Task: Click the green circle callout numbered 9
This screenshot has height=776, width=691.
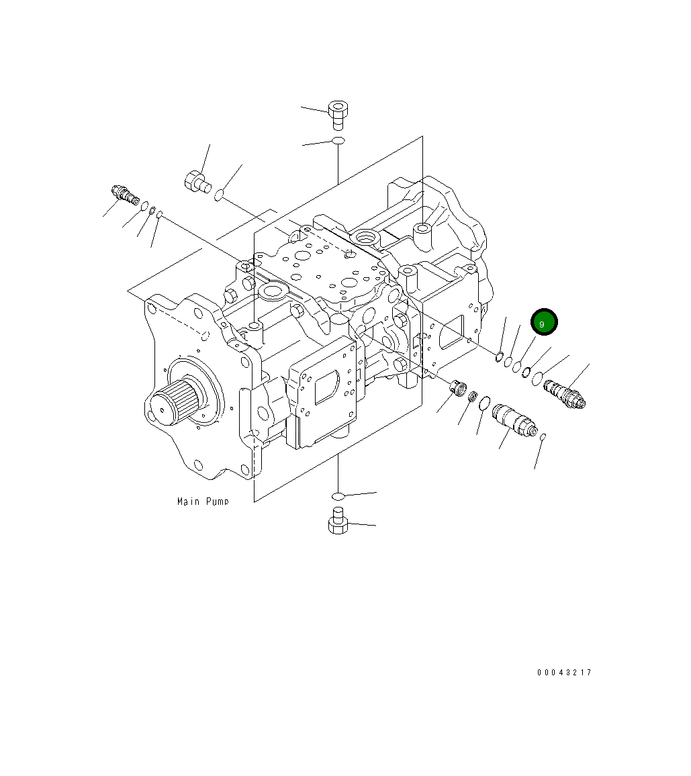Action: [x=543, y=323]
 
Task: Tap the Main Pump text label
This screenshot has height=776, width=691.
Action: [x=202, y=501]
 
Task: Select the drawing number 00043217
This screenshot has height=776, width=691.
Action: [x=564, y=673]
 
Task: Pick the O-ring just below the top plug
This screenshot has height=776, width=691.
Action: [x=338, y=141]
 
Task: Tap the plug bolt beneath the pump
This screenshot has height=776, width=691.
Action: [x=338, y=522]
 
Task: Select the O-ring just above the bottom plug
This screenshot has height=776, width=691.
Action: [x=338, y=496]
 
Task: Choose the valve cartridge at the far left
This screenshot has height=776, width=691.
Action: [x=125, y=195]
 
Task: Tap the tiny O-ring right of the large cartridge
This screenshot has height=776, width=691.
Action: [x=543, y=438]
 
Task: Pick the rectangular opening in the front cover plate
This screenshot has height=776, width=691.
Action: [x=328, y=387]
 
